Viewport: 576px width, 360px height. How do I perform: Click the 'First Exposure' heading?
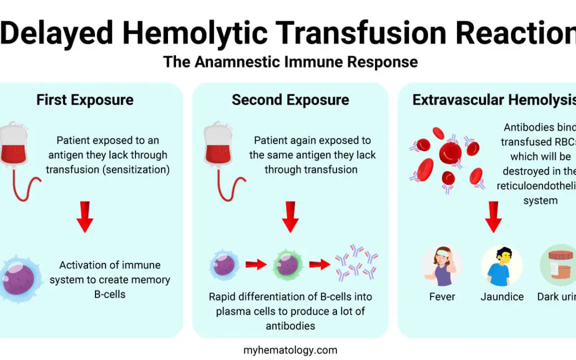[85, 100]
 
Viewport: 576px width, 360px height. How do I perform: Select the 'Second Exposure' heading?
[290, 100]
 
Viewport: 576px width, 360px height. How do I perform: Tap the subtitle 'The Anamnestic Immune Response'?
[290, 62]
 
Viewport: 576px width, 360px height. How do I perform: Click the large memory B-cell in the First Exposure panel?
[20, 279]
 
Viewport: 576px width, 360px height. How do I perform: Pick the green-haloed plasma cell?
[287, 265]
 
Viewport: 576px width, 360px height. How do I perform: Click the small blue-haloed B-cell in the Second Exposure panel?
[224, 265]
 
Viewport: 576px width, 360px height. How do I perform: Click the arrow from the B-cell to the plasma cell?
[255, 265]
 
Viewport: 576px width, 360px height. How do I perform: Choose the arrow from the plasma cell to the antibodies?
[319, 265]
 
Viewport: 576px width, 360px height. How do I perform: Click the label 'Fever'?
[442, 297]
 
